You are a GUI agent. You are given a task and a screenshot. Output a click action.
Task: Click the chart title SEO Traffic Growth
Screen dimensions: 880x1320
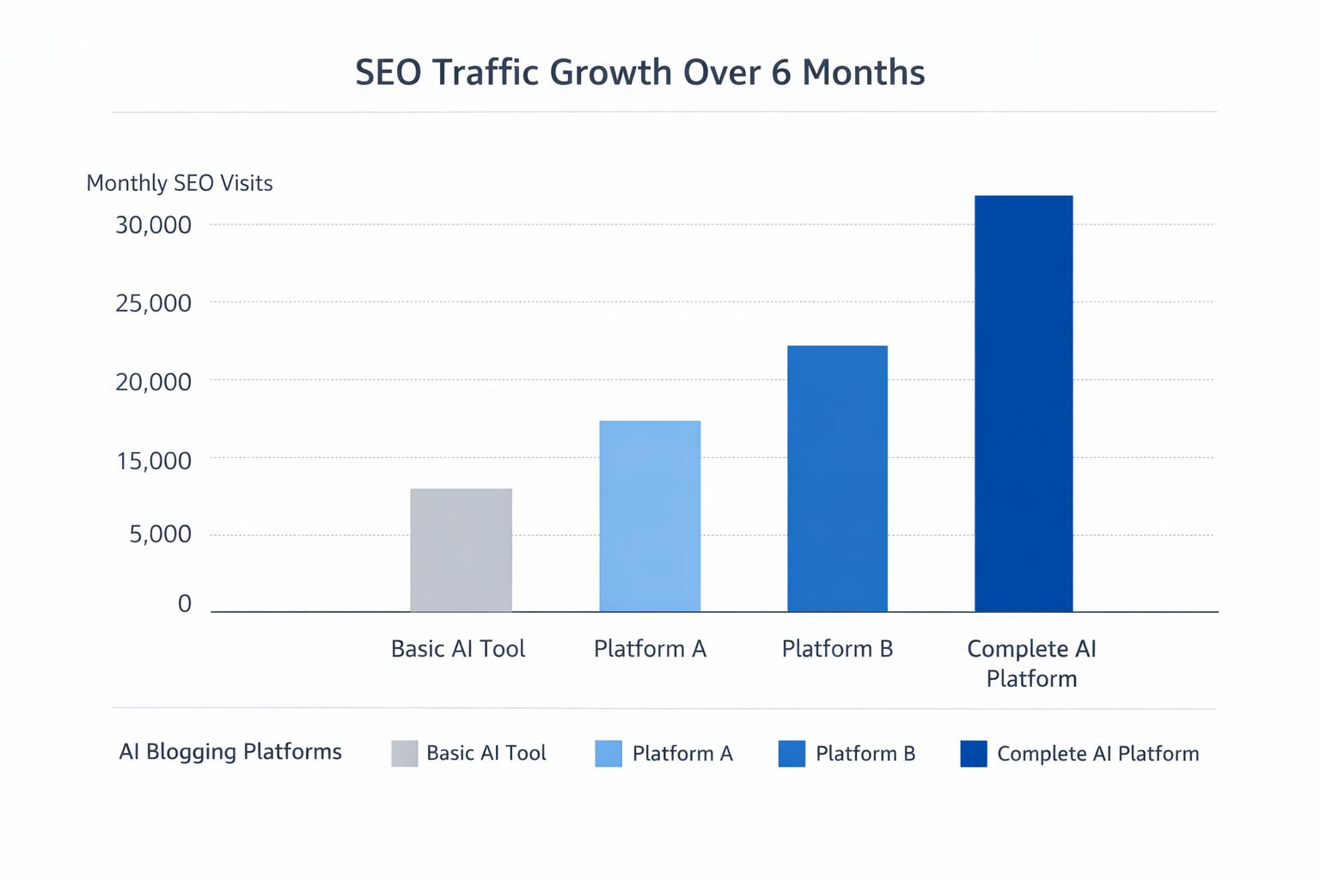coord(639,72)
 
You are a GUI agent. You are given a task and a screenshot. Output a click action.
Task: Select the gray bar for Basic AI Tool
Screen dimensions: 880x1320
coord(461,550)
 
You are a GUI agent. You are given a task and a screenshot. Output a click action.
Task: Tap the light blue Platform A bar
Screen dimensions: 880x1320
coord(650,516)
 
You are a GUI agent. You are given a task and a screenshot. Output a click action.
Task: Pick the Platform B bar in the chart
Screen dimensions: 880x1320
coord(837,479)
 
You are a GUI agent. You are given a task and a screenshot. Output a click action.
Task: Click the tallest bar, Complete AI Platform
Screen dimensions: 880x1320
coord(1024,404)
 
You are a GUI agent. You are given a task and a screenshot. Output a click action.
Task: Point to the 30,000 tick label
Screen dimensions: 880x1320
coord(154,225)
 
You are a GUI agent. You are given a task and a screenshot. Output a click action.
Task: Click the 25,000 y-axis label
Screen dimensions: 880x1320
coord(154,303)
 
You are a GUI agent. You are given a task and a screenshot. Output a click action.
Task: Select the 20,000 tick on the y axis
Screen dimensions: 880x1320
coord(154,382)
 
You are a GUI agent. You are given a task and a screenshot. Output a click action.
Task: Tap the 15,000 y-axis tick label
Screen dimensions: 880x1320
coord(154,461)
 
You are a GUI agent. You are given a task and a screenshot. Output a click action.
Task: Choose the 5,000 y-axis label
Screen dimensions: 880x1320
coord(161,535)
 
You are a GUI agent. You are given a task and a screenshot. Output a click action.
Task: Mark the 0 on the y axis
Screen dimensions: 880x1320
coord(185,604)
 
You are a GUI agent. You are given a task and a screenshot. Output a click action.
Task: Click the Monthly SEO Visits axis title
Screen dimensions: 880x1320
coord(180,183)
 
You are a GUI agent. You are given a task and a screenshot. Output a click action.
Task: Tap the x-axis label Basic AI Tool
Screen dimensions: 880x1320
coord(458,649)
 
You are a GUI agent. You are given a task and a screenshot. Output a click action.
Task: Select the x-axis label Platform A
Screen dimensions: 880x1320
coord(650,649)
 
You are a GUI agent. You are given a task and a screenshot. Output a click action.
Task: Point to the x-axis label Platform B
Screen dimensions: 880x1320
coord(837,649)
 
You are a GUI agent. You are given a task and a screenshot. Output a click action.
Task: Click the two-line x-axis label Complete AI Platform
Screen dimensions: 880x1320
coord(1031,663)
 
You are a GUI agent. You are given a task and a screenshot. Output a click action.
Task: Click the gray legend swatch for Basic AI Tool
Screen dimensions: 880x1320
coord(405,754)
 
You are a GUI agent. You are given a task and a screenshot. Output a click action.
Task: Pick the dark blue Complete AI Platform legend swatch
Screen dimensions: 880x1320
coord(974,754)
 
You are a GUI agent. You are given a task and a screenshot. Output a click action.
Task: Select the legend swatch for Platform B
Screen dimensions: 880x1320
coord(791,754)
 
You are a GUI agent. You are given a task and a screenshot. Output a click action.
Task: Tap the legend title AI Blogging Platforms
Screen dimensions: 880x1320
coord(230,752)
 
